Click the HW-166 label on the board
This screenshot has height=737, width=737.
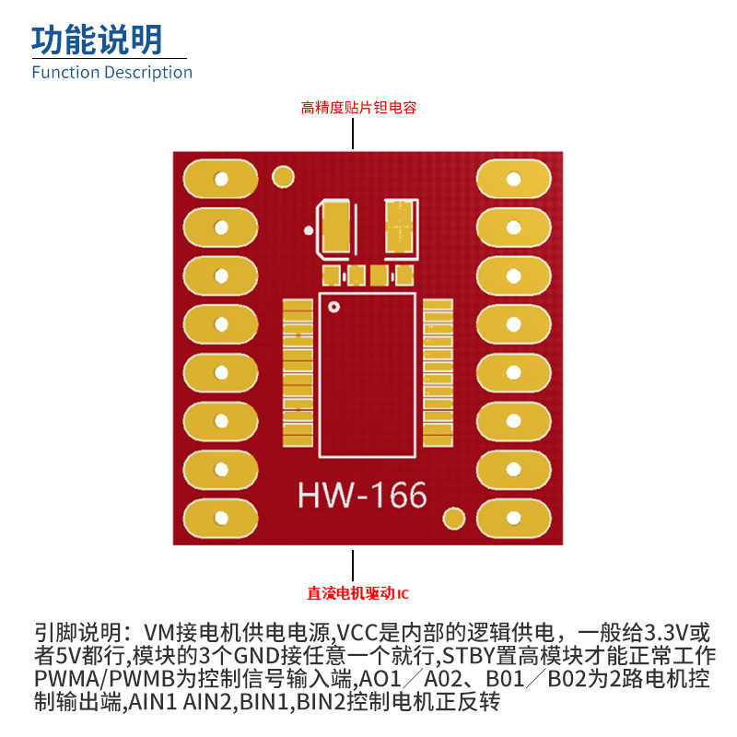(362, 497)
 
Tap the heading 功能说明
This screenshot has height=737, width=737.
(97, 39)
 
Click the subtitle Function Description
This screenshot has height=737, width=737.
(111, 72)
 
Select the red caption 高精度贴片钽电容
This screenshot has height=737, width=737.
(359, 108)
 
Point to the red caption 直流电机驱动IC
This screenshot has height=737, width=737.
(357, 592)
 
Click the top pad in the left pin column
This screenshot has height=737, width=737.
(221, 179)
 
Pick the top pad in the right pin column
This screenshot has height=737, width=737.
(512, 179)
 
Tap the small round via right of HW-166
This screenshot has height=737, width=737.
(454, 518)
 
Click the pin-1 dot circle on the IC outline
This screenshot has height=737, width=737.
(334, 306)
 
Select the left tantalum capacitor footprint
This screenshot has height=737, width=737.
(336, 228)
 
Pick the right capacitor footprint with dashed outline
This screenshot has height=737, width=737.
(400, 227)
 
